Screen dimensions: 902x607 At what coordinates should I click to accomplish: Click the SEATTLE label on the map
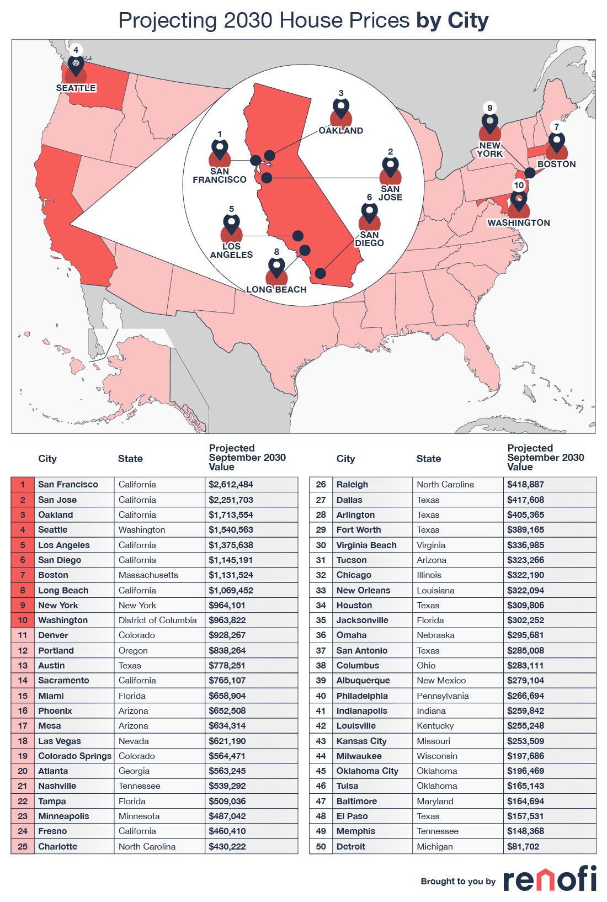(x=76, y=88)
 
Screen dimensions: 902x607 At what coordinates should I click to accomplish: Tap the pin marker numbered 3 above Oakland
(x=341, y=109)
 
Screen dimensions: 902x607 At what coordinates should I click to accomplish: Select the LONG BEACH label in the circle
(x=276, y=289)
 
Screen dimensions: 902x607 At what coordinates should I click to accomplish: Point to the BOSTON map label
(x=556, y=165)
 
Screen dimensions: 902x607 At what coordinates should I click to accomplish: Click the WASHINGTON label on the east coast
(x=519, y=223)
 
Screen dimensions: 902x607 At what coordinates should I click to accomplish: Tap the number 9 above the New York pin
(x=489, y=108)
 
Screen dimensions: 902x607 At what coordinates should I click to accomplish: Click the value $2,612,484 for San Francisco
(x=231, y=485)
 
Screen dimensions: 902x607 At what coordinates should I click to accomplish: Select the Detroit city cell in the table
(x=351, y=847)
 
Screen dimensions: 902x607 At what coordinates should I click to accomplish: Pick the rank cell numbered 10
(x=23, y=620)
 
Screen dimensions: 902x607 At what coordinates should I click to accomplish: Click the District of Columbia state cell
(x=158, y=620)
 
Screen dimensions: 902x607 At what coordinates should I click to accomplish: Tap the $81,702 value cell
(x=523, y=847)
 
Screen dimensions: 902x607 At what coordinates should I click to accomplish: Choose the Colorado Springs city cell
(x=74, y=756)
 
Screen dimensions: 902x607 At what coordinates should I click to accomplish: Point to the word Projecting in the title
(x=168, y=21)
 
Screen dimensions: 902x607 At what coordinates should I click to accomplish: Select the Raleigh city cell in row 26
(x=352, y=485)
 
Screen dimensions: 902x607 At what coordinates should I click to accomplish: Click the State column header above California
(x=130, y=459)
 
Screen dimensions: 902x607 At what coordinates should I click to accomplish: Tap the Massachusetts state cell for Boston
(x=148, y=575)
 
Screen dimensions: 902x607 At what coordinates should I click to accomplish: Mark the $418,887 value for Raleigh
(x=525, y=485)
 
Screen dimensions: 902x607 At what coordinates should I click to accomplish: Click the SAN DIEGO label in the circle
(x=369, y=239)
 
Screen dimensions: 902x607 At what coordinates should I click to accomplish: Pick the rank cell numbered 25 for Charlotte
(x=23, y=847)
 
